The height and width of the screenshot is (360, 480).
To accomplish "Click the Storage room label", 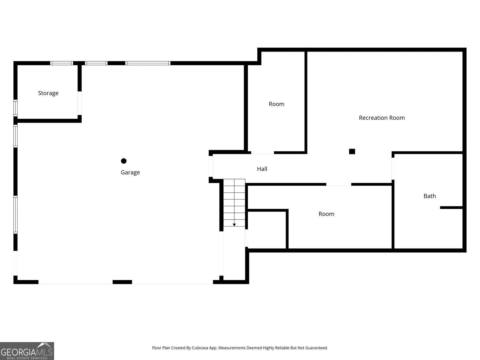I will pyautogui.click(x=48, y=93).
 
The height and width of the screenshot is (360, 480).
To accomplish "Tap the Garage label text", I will pyautogui.click(x=130, y=172).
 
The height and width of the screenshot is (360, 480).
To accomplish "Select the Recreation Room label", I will pyautogui.click(x=382, y=118).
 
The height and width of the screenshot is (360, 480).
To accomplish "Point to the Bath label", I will pyautogui.click(x=429, y=196).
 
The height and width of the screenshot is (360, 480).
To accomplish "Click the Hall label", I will pyautogui.click(x=262, y=169).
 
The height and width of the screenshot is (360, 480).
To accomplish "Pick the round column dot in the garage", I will pyautogui.click(x=124, y=161).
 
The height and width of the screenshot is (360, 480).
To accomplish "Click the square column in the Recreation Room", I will pyautogui.click(x=352, y=151).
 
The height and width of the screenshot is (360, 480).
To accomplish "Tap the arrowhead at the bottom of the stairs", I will pyautogui.click(x=234, y=225).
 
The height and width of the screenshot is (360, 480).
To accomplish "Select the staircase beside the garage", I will pyautogui.click(x=234, y=202).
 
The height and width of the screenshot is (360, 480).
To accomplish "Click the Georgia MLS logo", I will pyautogui.click(x=27, y=351).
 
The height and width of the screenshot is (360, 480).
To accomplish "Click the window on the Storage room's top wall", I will pyautogui.click(x=62, y=63).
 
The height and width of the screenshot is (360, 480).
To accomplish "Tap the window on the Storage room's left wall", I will pyautogui.click(x=15, y=108).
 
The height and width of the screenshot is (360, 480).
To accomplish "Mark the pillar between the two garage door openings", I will pyautogui.click(x=122, y=282).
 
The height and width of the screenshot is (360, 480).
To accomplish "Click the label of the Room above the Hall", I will pyautogui.click(x=276, y=104).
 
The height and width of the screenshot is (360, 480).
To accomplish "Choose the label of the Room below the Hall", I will pyautogui.click(x=326, y=214).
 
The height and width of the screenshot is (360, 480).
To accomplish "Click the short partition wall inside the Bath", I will pyautogui.click(x=451, y=208).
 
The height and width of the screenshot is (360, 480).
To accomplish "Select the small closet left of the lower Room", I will pyautogui.click(x=267, y=229).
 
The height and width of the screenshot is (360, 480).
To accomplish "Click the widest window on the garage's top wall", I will pyautogui.click(x=148, y=63).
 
